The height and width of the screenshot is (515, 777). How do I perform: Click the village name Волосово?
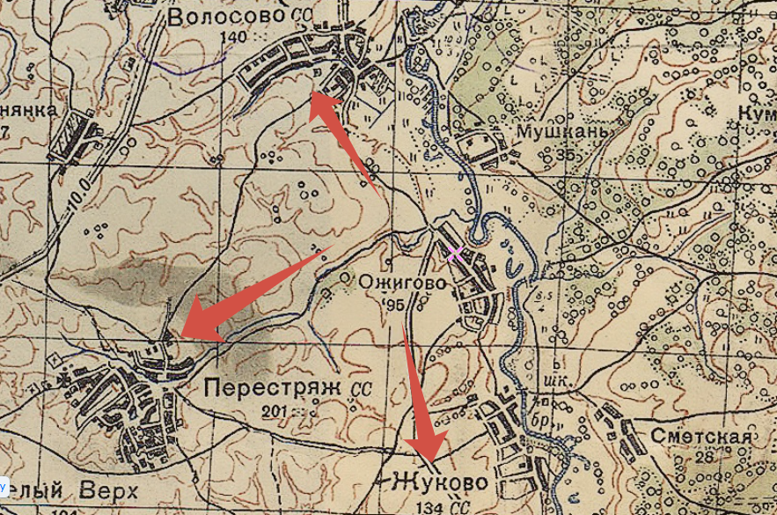pos(226,17)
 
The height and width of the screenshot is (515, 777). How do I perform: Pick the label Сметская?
pos(702,438)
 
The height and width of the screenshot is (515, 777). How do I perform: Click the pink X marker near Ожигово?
pos(455,255)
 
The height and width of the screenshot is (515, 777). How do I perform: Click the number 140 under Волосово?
pos(235,36)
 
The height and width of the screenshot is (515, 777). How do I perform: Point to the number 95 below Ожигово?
pos(392,305)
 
